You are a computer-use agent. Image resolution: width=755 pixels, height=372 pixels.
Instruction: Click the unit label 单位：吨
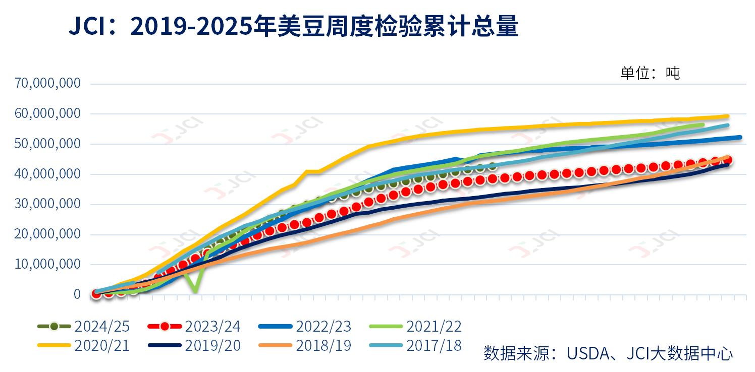(650, 73)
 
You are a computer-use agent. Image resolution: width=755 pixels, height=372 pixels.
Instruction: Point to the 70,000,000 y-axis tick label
(48, 83)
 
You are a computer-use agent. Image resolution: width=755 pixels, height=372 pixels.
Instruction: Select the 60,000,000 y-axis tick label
(48, 114)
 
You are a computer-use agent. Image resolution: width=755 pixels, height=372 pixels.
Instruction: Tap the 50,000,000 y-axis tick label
(48, 144)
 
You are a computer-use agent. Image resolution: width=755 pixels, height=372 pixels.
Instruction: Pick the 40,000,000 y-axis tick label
(48, 174)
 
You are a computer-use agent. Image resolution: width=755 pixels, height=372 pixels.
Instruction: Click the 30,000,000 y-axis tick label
(48, 204)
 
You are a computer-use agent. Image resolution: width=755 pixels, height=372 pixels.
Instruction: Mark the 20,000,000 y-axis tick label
(48, 234)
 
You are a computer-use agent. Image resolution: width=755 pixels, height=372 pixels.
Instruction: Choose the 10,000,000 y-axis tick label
(48, 265)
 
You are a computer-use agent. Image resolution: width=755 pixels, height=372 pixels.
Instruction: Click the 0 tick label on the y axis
(77, 294)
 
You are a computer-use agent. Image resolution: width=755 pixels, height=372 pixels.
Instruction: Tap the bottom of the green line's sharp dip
(195, 291)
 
